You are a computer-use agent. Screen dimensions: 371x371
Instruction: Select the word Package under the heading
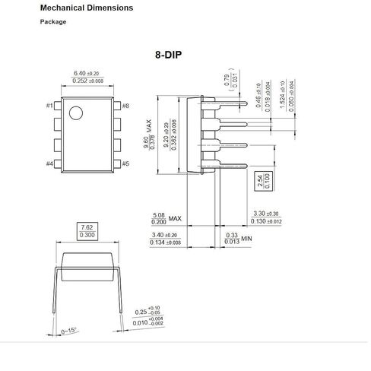click(53, 21)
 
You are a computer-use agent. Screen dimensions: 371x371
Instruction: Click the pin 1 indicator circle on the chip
click(76, 114)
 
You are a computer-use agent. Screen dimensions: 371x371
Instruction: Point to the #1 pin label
click(50, 105)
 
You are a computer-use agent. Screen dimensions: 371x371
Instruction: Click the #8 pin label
click(125, 105)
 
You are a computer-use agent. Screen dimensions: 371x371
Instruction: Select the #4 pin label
click(50, 163)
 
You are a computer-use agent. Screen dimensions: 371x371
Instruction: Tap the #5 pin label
click(125, 163)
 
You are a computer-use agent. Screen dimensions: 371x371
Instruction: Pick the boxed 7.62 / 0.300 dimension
click(87, 231)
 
